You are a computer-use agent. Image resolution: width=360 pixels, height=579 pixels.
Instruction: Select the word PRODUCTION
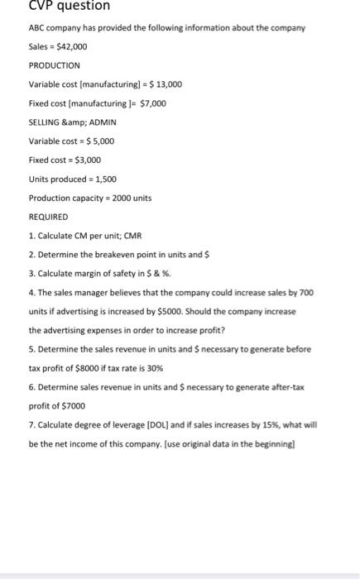point(54,65)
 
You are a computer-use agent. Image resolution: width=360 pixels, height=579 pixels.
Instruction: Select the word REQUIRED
point(50,217)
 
